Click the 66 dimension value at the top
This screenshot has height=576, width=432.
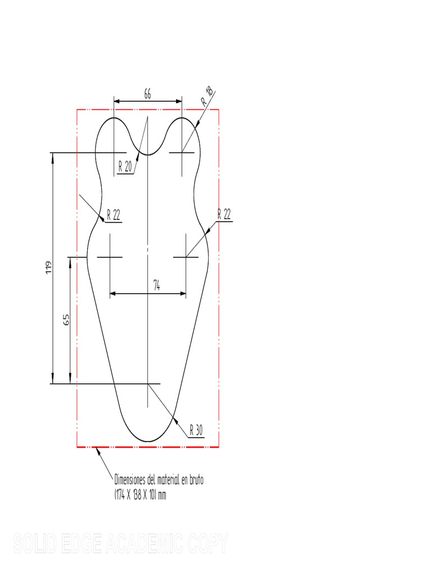[147, 94]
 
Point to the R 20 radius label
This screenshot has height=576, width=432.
[125, 166]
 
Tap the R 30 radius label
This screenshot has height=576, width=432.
[196, 431]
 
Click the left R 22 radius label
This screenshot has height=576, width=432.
[113, 215]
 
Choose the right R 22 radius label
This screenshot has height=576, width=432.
[224, 213]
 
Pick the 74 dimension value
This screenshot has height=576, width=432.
[157, 286]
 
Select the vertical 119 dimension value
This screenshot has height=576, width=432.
[49, 267]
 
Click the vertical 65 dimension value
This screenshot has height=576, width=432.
[66, 320]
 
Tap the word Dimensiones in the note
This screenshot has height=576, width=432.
[134, 481]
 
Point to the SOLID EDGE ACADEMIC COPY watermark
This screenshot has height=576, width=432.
[120, 544]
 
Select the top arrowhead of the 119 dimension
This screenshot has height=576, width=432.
[53, 156]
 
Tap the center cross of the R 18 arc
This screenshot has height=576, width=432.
[182, 152]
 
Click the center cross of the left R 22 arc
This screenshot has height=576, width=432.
[110, 257]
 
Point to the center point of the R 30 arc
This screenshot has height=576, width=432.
[147, 384]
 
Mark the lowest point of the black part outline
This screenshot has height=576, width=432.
[147, 442]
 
